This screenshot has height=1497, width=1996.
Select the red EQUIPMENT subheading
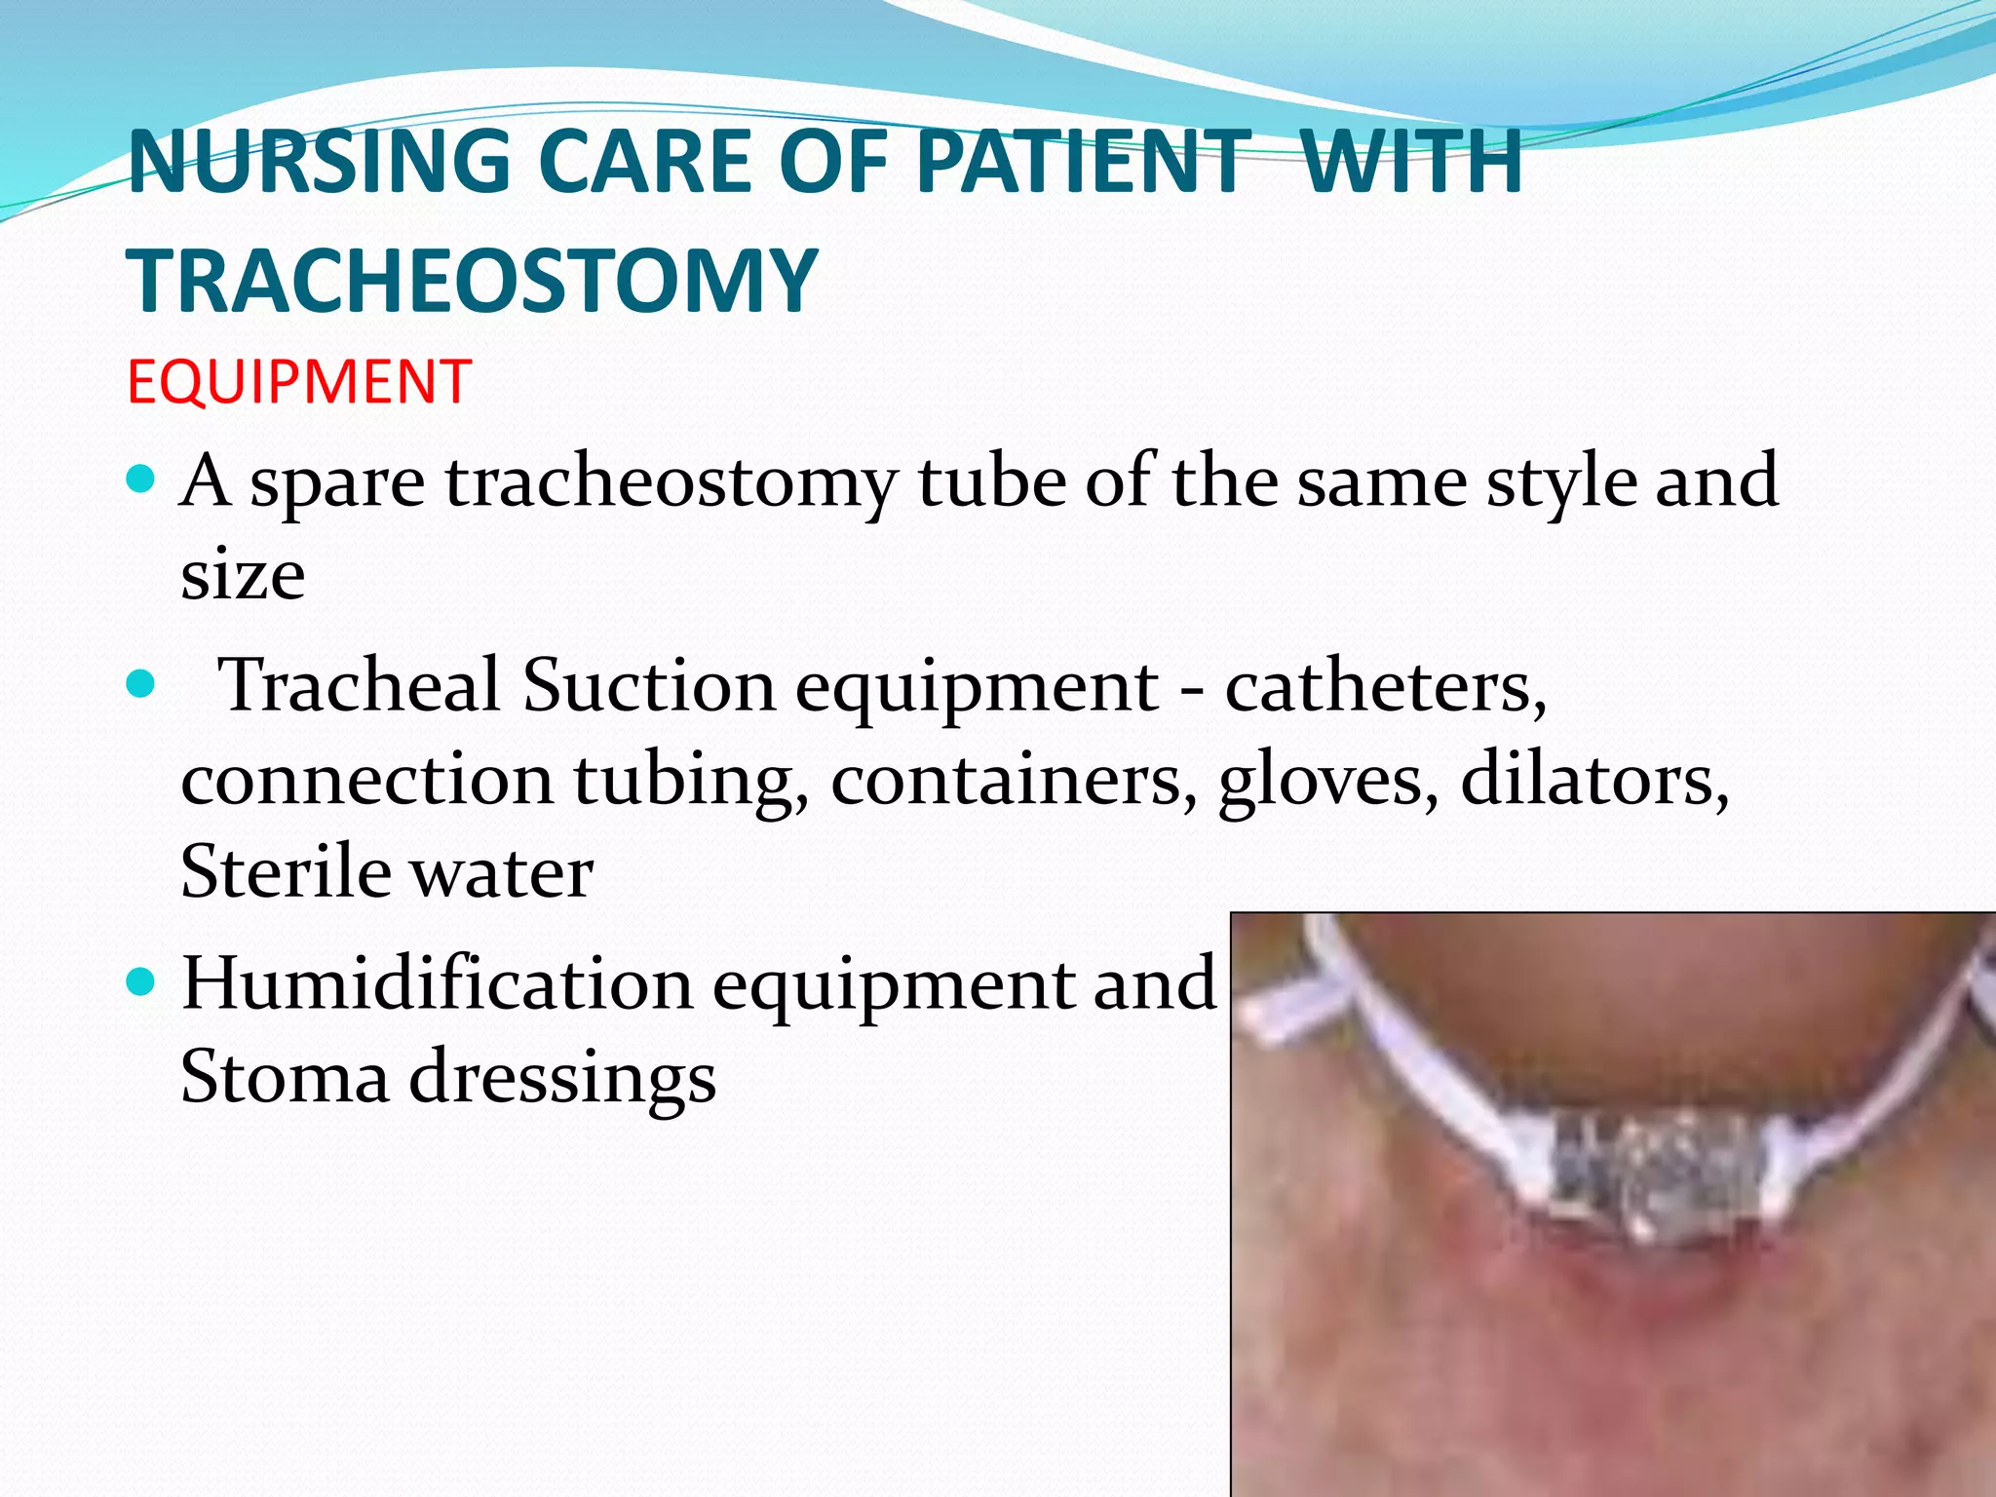pyautogui.click(x=299, y=381)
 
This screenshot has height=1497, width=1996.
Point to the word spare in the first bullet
pyautogui.click(x=337, y=483)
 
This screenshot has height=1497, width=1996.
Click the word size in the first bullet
pyautogui.click(x=243, y=575)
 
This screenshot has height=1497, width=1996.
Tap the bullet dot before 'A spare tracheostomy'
pyautogui.click(x=141, y=479)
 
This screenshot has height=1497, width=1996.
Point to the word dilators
pyautogui.click(x=1594, y=779)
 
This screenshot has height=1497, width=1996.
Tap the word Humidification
pyautogui.click(x=437, y=983)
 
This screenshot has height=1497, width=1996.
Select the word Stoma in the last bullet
pyautogui.click(x=285, y=1077)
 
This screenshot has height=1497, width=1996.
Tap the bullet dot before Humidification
pyautogui.click(x=141, y=982)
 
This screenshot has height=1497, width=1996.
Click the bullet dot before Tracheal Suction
pyautogui.click(x=141, y=684)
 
